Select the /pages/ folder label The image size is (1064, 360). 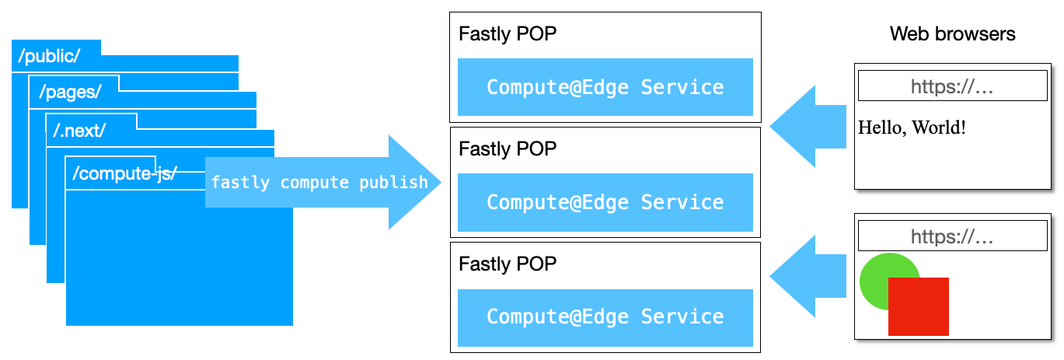coord(71,93)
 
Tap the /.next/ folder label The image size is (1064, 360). coord(79,131)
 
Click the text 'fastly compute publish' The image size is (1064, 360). coord(319,183)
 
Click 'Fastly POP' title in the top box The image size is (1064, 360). coord(508,34)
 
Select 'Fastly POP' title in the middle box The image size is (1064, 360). coord(508,149)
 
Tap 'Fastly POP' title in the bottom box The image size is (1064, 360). coord(508,264)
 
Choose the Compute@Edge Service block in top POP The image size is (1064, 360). coord(605,87)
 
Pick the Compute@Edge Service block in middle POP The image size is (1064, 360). coord(605,202)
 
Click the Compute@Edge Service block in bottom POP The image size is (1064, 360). coord(605,317)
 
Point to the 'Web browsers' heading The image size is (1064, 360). coord(952,34)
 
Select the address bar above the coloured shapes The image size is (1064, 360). coord(952,236)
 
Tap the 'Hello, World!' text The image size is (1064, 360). coord(912,128)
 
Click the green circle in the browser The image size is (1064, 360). coord(878,272)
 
